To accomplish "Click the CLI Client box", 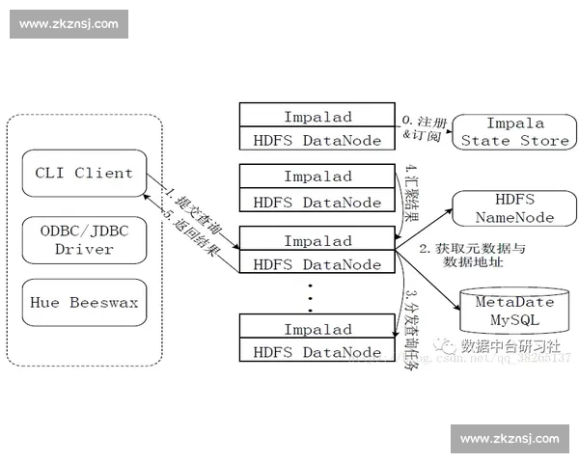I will pos(84,174).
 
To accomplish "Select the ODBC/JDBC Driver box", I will pos(84,239).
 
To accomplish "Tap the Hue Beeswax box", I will pos(84,302).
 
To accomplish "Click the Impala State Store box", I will pos(514,132).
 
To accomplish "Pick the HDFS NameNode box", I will pos(514,207).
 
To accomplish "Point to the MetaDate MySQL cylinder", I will pos(514,310).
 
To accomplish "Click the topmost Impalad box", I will pos(318,117).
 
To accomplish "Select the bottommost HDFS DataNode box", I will pos(318,352).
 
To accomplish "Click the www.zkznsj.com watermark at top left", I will pos(69,24).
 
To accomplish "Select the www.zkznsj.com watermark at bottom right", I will pos(510,439).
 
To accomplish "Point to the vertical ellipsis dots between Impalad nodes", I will pos(311,298).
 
